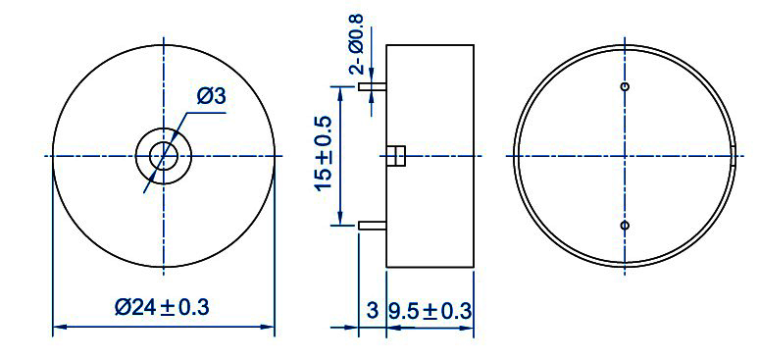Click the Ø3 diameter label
(212, 96)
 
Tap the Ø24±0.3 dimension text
(162, 307)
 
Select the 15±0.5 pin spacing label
(325, 154)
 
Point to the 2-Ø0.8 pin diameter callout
(357, 43)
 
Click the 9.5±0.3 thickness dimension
(430, 311)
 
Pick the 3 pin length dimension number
(372, 311)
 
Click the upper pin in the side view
(373, 87)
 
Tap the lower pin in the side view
(373, 226)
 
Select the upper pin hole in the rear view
(625, 86)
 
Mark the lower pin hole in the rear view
(625, 226)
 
